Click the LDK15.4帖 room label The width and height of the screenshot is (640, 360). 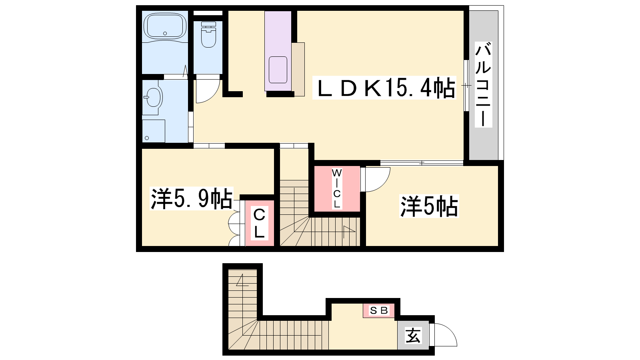[x=384, y=88]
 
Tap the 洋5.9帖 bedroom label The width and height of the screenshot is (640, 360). [x=191, y=198]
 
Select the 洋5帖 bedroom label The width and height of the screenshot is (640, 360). [x=429, y=206]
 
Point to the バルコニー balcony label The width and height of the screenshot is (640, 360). [x=483, y=84]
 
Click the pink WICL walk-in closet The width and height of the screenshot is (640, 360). [x=337, y=189]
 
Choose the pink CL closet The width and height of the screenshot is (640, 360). [x=260, y=223]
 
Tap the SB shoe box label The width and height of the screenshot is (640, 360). [x=378, y=310]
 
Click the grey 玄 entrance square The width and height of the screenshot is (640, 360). [x=413, y=335]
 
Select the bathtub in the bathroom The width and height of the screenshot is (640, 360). [x=165, y=26]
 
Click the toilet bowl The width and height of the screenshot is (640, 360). [x=208, y=35]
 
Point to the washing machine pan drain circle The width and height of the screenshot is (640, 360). [x=147, y=138]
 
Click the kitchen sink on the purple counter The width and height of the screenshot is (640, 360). [x=278, y=70]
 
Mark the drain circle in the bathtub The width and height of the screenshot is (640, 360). [x=165, y=34]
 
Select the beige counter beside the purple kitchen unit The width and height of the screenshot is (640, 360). [x=298, y=69]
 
